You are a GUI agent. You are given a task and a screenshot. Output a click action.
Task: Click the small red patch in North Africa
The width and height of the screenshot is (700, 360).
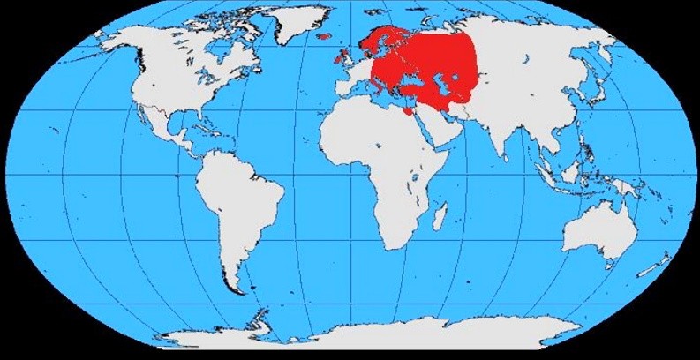405,113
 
